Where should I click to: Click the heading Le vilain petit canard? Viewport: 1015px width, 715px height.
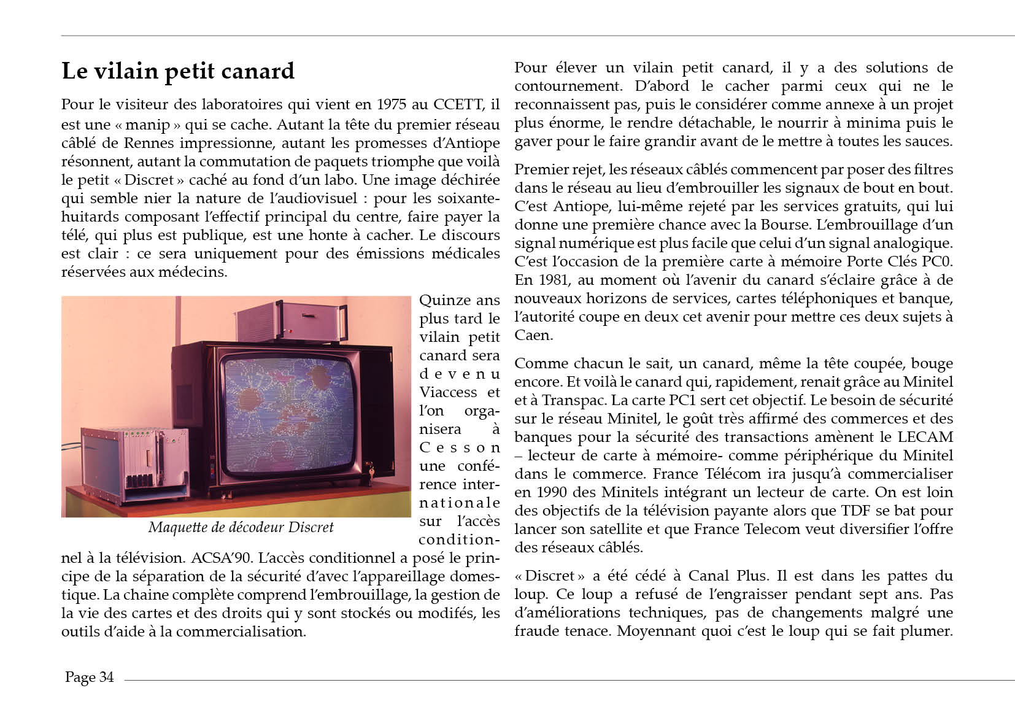coord(178,71)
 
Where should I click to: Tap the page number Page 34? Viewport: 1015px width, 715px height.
coord(89,677)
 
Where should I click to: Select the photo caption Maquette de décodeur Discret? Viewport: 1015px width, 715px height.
coord(241,527)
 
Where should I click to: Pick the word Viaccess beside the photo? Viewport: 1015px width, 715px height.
coord(448,392)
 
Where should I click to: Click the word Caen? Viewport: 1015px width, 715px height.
coord(533,335)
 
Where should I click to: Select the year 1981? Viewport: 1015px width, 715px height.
coord(551,280)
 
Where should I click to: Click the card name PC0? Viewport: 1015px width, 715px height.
coord(937,261)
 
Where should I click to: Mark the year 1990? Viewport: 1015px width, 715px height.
coord(555,492)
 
